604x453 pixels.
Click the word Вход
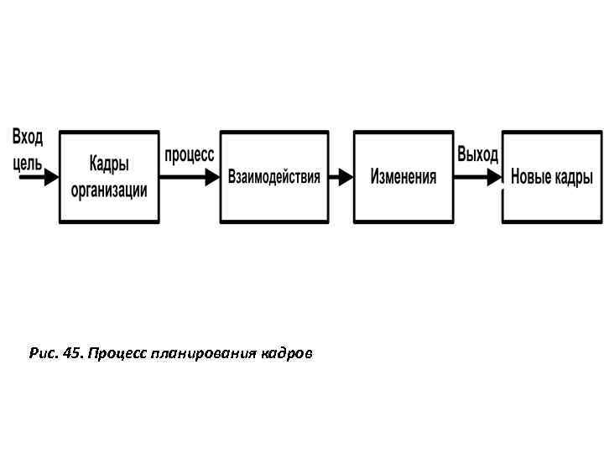point(28,137)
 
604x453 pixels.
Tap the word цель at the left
point(27,164)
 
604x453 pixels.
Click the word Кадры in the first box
point(109,163)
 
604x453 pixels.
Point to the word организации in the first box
point(109,190)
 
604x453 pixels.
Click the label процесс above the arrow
point(189,155)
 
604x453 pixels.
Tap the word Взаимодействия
point(274,177)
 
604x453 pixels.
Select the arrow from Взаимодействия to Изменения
point(340,177)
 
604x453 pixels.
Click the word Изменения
point(404,177)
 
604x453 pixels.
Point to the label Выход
point(477,155)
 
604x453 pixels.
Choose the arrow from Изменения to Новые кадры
point(476,177)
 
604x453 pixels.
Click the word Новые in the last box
point(531,177)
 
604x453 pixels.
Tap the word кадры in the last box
point(573,177)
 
